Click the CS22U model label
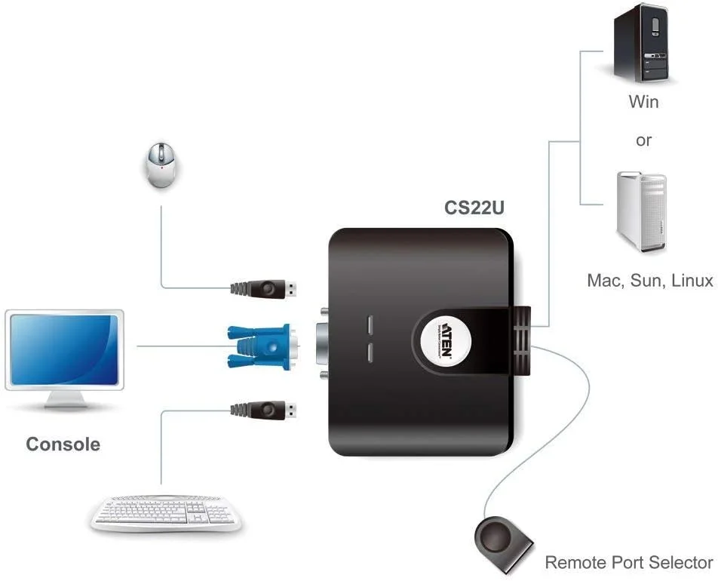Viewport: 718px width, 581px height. [x=472, y=209]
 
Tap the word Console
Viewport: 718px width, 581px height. [x=63, y=444]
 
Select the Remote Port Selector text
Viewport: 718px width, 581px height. [x=628, y=562]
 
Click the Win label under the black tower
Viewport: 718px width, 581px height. [x=643, y=101]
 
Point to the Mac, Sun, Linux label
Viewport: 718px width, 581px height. [x=649, y=281]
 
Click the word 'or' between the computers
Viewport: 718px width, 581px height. [x=643, y=140]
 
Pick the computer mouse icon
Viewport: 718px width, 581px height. [x=162, y=167]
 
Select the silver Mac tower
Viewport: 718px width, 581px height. [x=641, y=211]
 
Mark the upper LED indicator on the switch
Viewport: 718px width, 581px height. [x=370, y=324]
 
